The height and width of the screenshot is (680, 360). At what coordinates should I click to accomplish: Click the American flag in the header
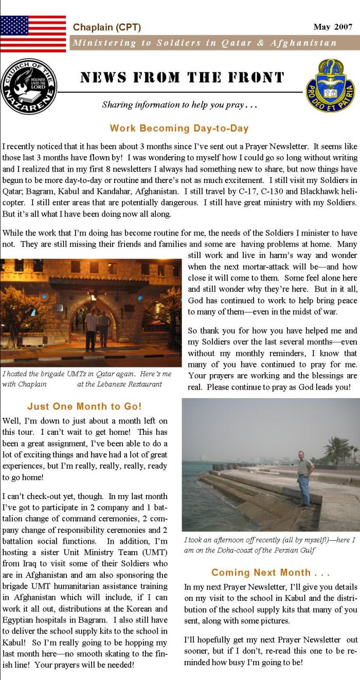pos(33,34)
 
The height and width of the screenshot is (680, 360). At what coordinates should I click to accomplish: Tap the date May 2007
pos(333,27)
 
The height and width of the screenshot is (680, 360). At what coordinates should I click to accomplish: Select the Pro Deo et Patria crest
pos(330,85)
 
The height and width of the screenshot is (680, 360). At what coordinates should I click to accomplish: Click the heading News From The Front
pos(182,78)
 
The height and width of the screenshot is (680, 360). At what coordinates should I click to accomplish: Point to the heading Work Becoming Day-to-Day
pos(179,128)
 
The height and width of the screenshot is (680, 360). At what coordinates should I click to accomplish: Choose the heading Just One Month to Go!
pos(84,406)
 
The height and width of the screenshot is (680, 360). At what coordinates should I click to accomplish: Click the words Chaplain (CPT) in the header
pos(107,27)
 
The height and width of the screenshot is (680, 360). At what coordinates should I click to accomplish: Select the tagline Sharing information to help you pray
pos(179,105)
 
